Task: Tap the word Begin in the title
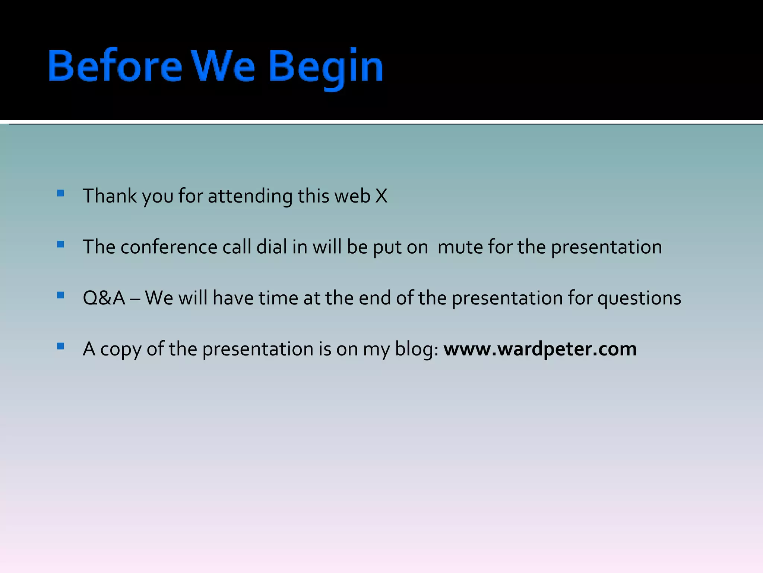(x=326, y=67)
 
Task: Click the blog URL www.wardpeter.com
(x=540, y=349)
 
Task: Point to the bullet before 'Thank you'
(x=60, y=193)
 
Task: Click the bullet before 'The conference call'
(x=60, y=244)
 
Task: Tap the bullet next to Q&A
(x=60, y=295)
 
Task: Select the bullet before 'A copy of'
(x=60, y=346)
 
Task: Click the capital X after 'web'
(x=381, y=196)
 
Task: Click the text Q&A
(x=104, y=298)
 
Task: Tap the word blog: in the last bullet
(x=417, y=349)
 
